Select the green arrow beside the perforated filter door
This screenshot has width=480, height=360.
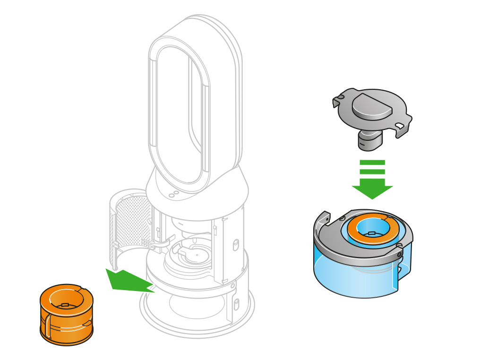[128, 281]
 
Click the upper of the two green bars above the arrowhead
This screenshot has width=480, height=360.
[372, 163]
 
